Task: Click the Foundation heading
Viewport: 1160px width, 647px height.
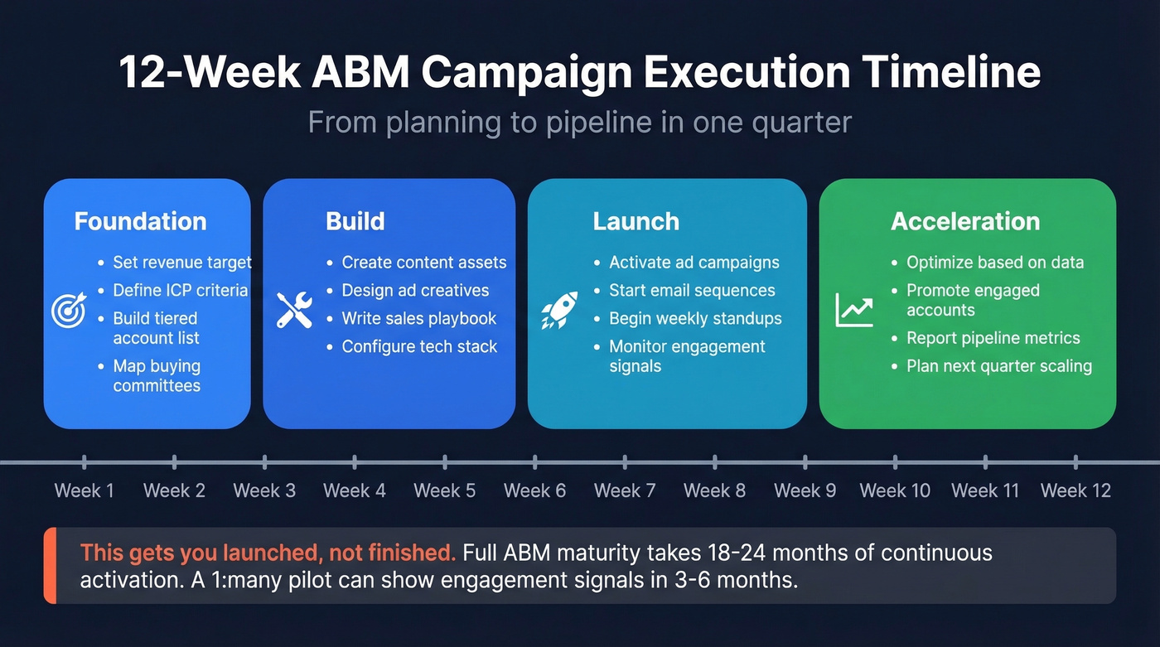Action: click(x=140, y=221)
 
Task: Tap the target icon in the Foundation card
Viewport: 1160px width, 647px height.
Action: click(x=68, y=310)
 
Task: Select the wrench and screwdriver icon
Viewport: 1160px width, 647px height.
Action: click(x=294, y=310)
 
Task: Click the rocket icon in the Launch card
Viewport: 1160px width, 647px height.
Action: click(x=559, y=310)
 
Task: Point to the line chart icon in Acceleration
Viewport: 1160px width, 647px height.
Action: click(x=854, y=310)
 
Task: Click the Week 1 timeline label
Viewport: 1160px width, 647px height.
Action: click(x=84, y=490)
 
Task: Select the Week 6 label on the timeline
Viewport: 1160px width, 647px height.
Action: click(x=534, y=490)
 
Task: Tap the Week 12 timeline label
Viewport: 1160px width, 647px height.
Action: click(x=1075, y=490)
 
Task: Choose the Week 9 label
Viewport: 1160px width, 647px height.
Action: click(x=805, y=490)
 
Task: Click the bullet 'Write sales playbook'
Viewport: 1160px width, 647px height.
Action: click(x=418, y=318)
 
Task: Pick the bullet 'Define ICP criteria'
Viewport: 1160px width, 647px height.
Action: click(x=180, y=290)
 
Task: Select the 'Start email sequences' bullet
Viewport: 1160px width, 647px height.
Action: click(x=692, y=290)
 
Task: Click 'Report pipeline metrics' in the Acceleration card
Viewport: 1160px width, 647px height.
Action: click(x=993, y=338)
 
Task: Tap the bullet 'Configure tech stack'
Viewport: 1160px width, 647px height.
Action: click(x=419, y=346)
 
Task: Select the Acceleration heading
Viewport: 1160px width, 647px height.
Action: click(x=965, y=221)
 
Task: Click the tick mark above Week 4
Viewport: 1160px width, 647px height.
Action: click(x=355, y=461)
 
